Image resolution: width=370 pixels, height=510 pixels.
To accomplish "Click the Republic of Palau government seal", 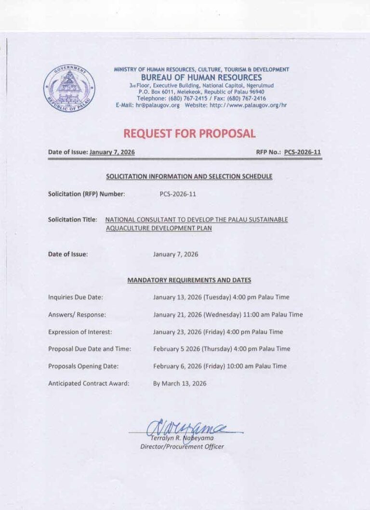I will point(69,88).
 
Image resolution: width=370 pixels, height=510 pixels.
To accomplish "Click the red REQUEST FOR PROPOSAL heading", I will point(189,134).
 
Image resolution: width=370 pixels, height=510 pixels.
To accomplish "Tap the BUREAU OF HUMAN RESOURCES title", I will point(201,77).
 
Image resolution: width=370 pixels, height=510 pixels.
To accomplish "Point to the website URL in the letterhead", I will point(248,105).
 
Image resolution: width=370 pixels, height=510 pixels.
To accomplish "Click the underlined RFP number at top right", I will point(302,152).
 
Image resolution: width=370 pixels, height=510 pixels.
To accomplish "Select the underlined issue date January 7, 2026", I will point(112,152).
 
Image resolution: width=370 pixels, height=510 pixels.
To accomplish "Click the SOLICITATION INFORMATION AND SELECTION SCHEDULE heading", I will point(189,176).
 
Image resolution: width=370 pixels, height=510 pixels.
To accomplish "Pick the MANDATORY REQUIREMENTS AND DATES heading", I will point(189,280).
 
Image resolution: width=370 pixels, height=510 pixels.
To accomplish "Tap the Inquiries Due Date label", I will point(75,297).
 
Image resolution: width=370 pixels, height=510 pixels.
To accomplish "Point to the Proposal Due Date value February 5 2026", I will point(174,349).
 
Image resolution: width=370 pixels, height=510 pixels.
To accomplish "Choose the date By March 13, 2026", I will point(180,384).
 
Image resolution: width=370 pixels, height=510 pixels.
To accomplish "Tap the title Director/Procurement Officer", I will point(182,447).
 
